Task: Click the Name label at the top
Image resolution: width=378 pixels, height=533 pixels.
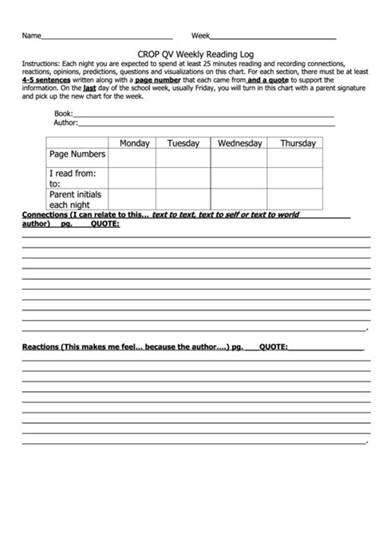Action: (x=30, y=36)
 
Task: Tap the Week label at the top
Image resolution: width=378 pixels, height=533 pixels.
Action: (x=200, y=36)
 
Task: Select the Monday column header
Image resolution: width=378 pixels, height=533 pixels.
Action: (x=134, y=143)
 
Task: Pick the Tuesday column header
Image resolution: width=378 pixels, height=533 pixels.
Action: (x=183, y=143)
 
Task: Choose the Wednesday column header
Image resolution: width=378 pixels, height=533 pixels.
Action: (x=239, y=143)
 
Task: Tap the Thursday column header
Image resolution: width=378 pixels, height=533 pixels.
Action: (x=297, y=143)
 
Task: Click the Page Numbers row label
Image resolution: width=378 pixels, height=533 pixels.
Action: (x=77, y=154)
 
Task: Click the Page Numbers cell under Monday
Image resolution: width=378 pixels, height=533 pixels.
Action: (x=132, y=158)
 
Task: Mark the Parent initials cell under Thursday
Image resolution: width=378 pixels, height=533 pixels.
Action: (x=296, y=199)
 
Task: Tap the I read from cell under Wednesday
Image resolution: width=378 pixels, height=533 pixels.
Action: (x=239, y=177)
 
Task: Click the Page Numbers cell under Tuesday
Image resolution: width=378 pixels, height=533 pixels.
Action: (x=183, y=158)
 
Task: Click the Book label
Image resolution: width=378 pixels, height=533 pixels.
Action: (x=63, y=113)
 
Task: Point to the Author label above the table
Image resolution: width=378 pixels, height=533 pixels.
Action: (x=65, y=123)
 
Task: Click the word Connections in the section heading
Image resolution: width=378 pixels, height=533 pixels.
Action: (x=46, y=215)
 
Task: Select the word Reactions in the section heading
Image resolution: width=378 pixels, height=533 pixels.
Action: (x=41, y=347)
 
